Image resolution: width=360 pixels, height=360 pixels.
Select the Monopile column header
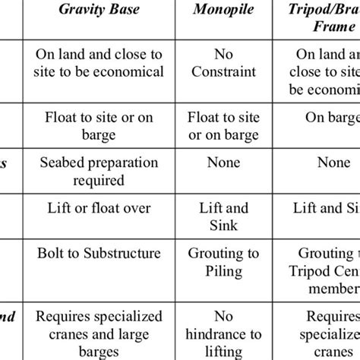[x=226, y=14]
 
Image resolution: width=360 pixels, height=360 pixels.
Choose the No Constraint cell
[x=226, y=63]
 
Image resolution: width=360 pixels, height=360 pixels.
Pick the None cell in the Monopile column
[x=226, y=163]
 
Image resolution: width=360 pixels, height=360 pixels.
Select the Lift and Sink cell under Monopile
[x=226, y=216]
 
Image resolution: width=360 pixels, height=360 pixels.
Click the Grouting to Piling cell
[x=226, y=262]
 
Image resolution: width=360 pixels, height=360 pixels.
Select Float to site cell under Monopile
[x=226, y=126]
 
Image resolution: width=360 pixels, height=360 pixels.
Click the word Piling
[x=226, y=270]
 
